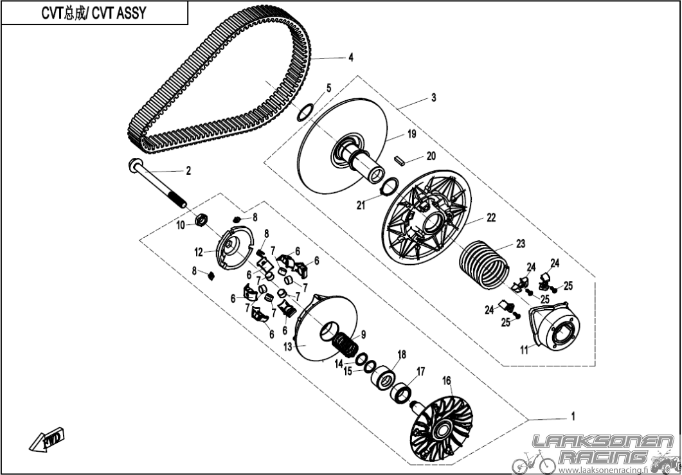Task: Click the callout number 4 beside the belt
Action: tap(350, 57)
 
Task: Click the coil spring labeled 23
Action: tap(484, 264)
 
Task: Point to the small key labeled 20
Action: tap(400, 160)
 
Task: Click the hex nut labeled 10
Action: tap(201, 220)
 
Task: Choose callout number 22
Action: tap(491, 218)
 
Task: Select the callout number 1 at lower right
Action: tap(573, 417)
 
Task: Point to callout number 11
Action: tap(524, 349)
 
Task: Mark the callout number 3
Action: tap(434, 98)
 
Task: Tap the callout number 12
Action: tap(199, 252)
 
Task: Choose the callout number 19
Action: tap(411, 134)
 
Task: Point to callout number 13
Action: tap(288, 346)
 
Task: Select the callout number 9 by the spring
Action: tap(363, 334)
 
